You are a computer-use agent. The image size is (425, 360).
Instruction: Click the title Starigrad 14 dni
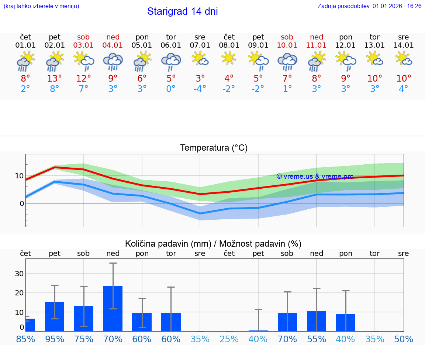pos(182,11)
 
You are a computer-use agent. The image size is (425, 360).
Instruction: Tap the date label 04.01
pos(113,45)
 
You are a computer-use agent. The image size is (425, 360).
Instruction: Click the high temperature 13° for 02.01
pos(54,78)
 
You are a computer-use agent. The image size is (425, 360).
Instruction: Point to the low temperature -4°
pos(200,89)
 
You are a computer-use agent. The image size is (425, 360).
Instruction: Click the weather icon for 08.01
pos(229,59)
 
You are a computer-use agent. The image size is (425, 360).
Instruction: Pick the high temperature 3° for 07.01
pos(200,78)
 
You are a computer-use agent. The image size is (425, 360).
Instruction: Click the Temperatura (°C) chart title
pos(214,148)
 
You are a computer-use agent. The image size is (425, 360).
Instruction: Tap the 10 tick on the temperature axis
pos(19,176)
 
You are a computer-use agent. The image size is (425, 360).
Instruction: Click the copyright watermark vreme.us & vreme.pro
pos(315,176)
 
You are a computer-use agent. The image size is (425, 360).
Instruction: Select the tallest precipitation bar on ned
pos(113,308)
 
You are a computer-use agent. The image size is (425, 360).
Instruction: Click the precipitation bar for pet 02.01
pos(55,316)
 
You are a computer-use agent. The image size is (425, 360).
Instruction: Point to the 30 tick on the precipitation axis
pos(19,274)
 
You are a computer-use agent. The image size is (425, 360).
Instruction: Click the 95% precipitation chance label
pos(54,339)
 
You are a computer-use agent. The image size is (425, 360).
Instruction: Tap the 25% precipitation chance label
pos(229,339)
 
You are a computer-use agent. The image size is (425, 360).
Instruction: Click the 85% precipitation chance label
pos(25,339)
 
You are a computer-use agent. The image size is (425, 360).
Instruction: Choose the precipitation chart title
pos(213,244)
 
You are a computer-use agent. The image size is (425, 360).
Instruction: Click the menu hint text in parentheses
pos(41,6)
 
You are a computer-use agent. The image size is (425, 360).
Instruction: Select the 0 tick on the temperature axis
pos(22,203)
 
